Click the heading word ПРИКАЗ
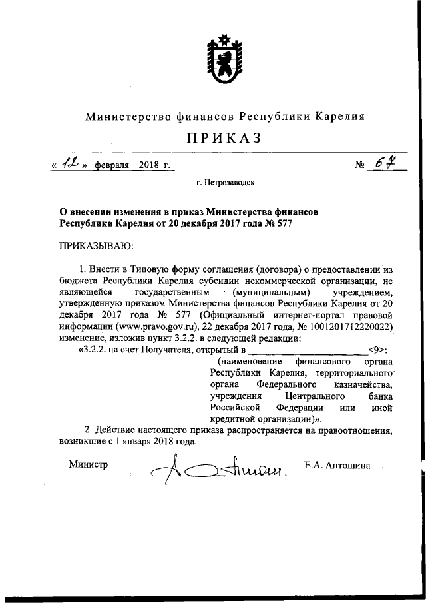point(225,138)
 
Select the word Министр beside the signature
point(89,464)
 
